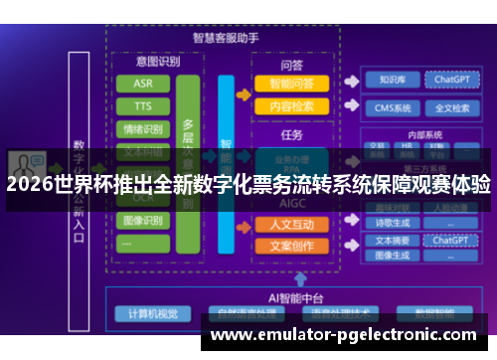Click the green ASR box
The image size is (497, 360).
click(x=143, y=83)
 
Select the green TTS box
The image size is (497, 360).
click(x=143, y=105)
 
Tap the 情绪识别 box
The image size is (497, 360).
click(x=143, y=128)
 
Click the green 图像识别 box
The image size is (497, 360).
click(x=143, y=220)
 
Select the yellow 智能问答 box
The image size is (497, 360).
click(x=290, y=84)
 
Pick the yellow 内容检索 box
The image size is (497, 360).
click(x=290, y=105)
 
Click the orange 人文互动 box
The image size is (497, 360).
click(x=290, y=224)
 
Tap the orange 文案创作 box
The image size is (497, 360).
click(x=290, y=245)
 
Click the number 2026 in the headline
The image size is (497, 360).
click(x=29, y=184)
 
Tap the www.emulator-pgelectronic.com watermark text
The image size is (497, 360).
click(x=345, y=335)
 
